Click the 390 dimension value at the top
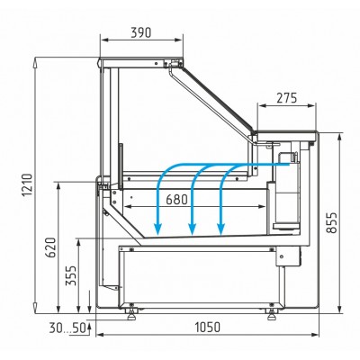click(x=141, y=32)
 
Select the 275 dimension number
click(x=286, y=98)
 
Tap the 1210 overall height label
click(x=28, y=184)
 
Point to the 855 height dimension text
click(x=332, y=222)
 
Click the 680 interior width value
click(x=176, y=200)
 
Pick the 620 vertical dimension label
click(x=50, y=247)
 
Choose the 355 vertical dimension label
click(x=71, y=275)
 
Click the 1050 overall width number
click(x=208, y=327)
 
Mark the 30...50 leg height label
click(x=67, y=328)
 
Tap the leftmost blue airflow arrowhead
click(x=157, y=229)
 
